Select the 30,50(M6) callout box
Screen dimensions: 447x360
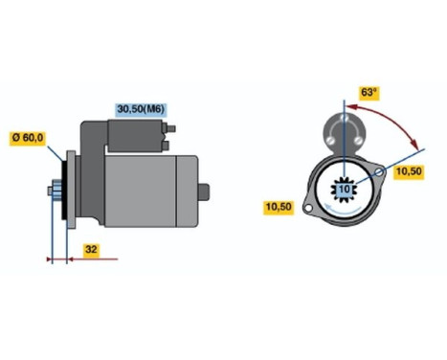[x=140, y=109]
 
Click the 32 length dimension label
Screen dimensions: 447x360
[x=90, y=251]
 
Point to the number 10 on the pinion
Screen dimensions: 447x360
[x=344, y=191]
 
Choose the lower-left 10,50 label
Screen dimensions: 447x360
[x=278, y=205]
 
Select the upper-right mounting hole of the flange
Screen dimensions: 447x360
[x=381, y=173]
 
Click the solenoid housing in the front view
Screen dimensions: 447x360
[x=343, y=130]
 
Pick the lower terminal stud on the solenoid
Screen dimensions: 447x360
[x=168, y=145]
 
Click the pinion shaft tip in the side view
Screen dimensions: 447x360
[x=50, y=191]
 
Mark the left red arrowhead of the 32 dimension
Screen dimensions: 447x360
[x=51, y=258]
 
